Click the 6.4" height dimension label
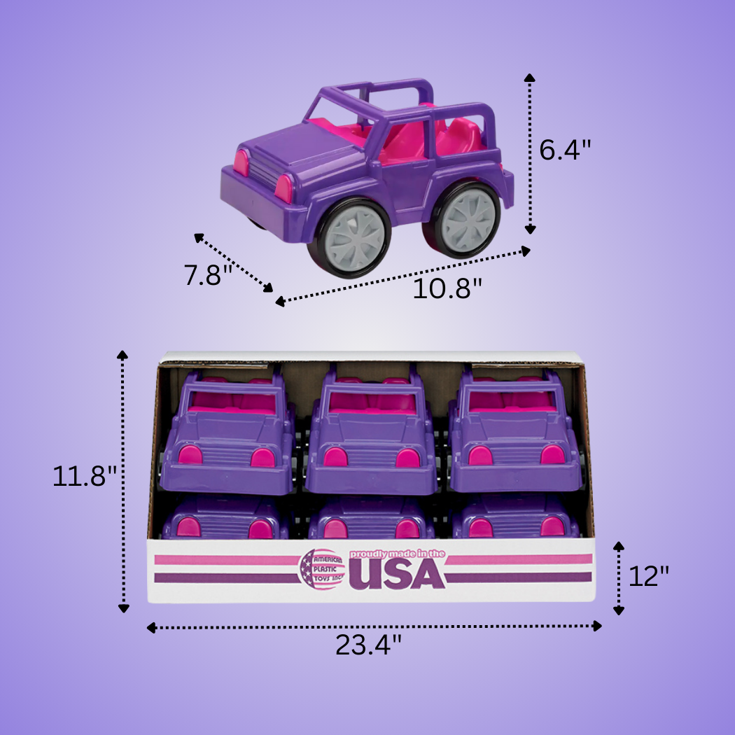[566, 149]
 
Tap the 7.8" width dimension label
[208, 274]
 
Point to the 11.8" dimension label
[84, 477]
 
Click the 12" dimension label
[648, 576]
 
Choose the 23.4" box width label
[368, 645]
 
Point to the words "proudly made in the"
[398, 553]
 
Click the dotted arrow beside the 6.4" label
[530, 154]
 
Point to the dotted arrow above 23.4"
[374, 626]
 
